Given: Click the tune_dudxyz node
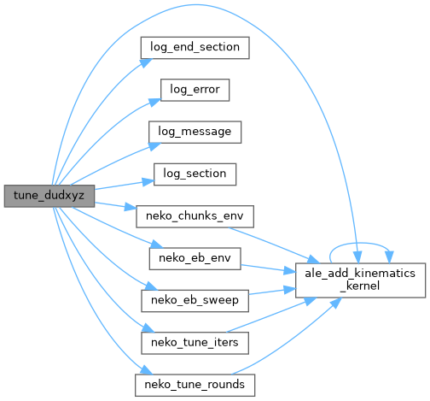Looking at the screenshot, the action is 49,196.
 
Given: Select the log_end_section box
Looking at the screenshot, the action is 195,48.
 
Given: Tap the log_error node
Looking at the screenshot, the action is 195,90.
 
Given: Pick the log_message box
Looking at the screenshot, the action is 195,133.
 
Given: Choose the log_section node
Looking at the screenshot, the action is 195,174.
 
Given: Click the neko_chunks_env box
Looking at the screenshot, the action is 195,216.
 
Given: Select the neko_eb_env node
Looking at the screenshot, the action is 195,259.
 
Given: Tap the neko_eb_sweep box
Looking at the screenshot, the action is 195,301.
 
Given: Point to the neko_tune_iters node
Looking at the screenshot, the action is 195,343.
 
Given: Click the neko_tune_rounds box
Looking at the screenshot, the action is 195,386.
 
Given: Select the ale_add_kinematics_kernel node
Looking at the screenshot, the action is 360,280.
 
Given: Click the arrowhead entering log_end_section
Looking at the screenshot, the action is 147,63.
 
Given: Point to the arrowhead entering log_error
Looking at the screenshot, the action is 155,102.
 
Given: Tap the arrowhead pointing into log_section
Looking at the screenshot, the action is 148,182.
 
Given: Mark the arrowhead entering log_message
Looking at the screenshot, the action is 154,146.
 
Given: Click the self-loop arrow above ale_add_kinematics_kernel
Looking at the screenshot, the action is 360,243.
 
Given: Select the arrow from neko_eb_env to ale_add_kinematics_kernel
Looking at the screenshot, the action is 267,268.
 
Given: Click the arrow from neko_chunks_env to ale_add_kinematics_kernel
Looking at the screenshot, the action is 274,245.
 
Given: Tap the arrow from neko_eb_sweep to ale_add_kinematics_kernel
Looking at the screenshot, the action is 272,292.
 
